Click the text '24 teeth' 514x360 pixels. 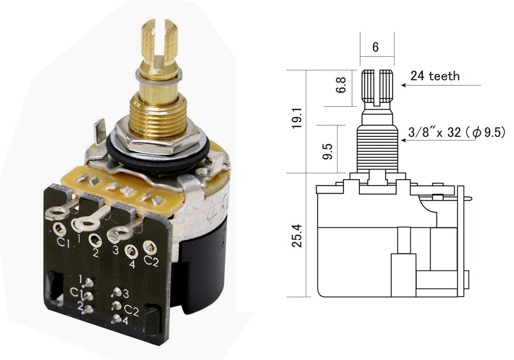pos(435,76)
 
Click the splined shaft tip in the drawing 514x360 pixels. pos(377,87)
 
